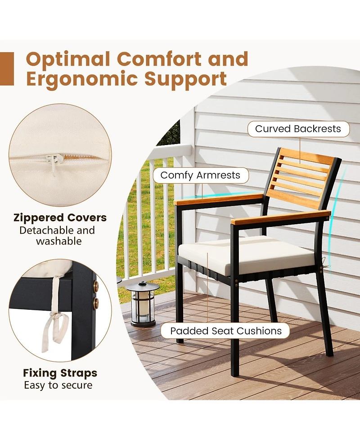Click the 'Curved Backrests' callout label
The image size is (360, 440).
pos(298,129)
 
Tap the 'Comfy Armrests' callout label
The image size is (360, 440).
pos(200,175)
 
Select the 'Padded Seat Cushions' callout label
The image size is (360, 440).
pos(226,331)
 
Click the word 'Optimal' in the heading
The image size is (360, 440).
pos(68,59)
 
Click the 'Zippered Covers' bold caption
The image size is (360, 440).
pos(60,218)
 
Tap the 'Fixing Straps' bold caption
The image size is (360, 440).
pos(60,373)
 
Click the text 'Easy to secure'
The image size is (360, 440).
pos(58,385)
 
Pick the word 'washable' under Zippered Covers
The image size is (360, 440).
pos(59,241)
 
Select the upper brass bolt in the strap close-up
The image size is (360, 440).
pos(95,286)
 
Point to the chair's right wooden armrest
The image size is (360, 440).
pos(280,217)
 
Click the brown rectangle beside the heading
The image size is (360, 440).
pos(7,68)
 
